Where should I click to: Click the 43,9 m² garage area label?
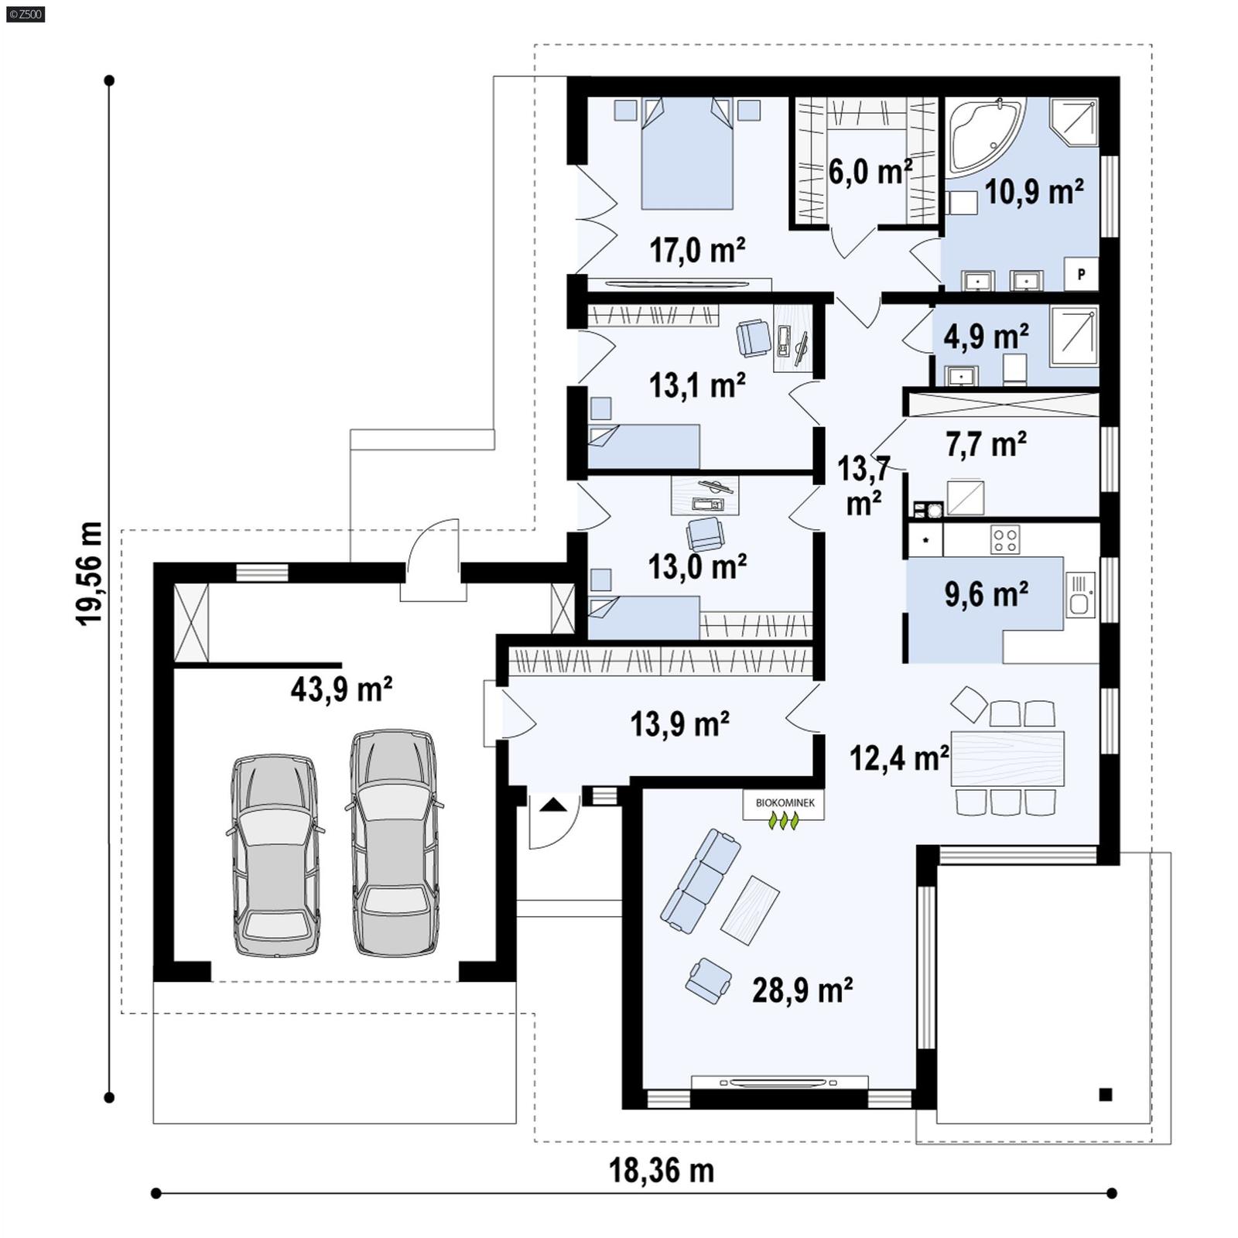coord(341,689)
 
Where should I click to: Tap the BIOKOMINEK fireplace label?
coord(785,803)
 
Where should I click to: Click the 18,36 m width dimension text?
coord(662,1171)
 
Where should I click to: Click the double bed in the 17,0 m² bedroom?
coord(687,159)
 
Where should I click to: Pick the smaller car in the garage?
coord(275,856)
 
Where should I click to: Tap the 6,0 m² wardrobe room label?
coord(870,172)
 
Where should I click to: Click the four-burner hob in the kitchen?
coord(1005,539)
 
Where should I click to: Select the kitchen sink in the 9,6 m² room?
coord(1080,594)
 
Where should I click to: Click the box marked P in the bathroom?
coord(1081,274)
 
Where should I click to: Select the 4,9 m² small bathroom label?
coord(986,337)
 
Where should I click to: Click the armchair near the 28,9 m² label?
coord(708,980)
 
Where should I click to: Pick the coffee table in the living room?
coord(750,909)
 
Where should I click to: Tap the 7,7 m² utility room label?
coord(986,444)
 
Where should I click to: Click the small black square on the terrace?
coord(1105,1094)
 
